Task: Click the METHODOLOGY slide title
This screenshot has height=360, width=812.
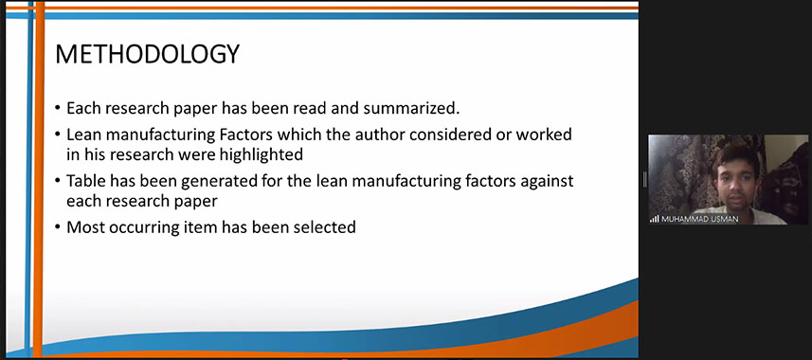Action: pyautogui.click(x=147, y=54)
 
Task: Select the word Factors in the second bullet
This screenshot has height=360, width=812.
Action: pyautogui.click(x=246, y=135)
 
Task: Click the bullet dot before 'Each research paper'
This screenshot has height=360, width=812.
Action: pyautogui.click(x=58, y=109)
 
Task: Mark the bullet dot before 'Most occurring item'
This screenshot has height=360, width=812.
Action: pyautogui.click(x=58, y=227)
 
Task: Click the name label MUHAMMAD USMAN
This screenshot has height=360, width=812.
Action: pyautogui.click(x=699, y=219)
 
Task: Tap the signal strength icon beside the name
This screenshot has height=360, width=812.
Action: pyautogui.click(x=655, y=219)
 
